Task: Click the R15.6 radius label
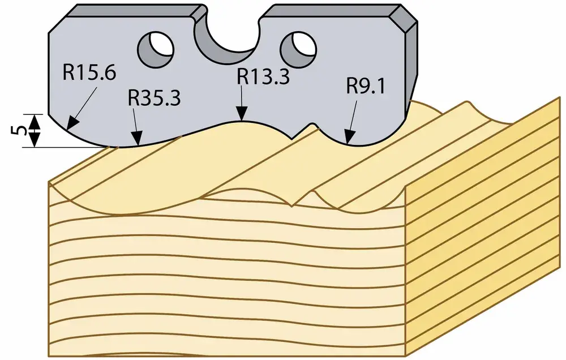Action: click(89, 72)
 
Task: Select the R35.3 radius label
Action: click(154, 98)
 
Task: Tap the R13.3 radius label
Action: click(263, 77)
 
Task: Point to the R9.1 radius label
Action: click(366, 87)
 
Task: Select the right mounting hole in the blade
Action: click(298, 49)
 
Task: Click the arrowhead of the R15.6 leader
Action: click(72, 123)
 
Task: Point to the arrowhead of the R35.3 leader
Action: click(137, 138)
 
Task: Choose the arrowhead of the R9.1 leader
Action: click(348, 137)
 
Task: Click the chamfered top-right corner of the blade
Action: click(404, 19)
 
